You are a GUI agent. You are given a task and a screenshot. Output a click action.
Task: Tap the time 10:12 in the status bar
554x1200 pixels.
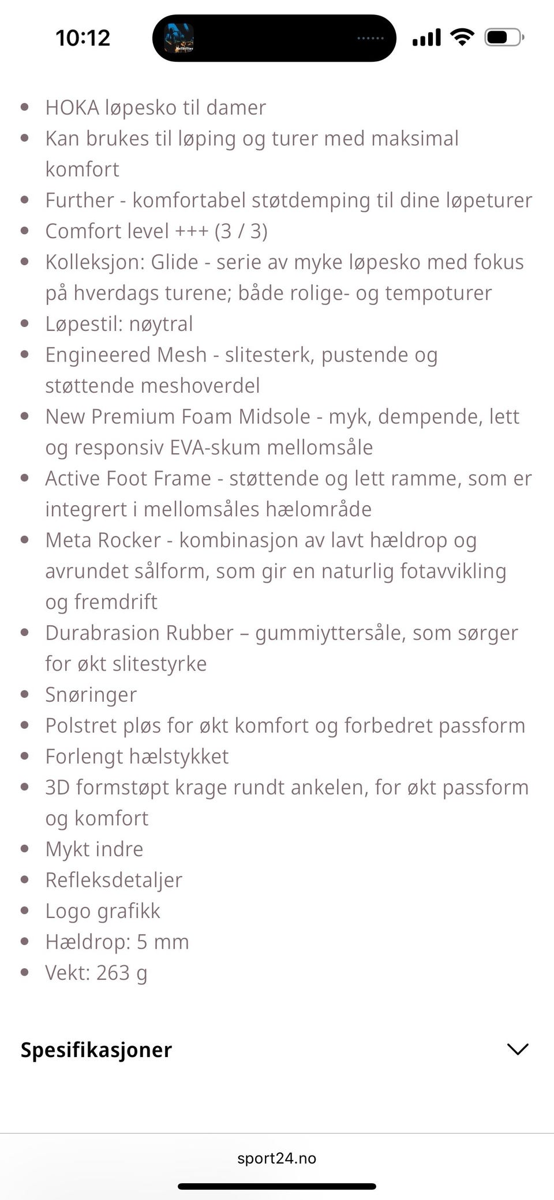pos(83,38)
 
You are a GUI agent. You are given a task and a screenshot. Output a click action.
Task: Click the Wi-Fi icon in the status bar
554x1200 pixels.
pos(462,37)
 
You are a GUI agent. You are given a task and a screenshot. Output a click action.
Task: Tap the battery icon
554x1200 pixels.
pos(503,37)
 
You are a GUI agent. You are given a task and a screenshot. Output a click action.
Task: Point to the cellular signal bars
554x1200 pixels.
pos(426,37)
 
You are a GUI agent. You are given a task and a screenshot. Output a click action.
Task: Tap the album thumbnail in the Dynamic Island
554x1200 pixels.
pos(179,38)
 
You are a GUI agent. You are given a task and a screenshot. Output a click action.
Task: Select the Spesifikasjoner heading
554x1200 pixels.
pos(96,1049)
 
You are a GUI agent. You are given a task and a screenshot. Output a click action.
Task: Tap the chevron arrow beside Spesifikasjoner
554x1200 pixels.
pos(517,1049)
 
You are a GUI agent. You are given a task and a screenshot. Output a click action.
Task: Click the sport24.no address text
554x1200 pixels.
pos(277,1158)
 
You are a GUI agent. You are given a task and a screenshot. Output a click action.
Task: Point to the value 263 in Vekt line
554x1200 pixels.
pos(113,973)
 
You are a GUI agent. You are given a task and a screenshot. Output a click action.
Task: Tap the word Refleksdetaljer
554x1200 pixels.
pos(114,880)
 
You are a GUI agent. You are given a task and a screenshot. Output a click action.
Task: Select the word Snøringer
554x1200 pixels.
pos(91,695)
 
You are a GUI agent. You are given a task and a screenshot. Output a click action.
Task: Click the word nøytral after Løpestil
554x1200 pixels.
pos(161,324)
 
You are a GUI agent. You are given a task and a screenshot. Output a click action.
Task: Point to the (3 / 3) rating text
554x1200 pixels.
pos(241,231)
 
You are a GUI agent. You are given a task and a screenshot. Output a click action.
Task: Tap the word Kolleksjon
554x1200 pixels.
pos(93,262)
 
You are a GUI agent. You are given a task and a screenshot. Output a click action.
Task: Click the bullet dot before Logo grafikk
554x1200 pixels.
pos(24,911)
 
